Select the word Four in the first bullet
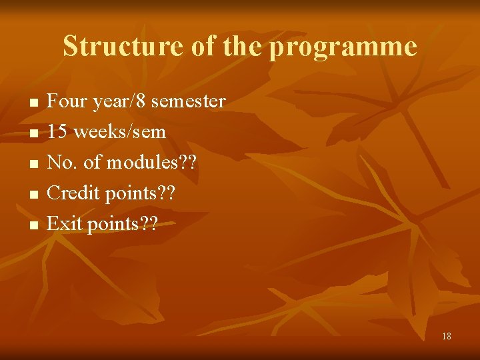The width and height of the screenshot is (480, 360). [x=65, y=101]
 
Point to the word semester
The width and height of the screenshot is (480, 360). [x=189, y=102]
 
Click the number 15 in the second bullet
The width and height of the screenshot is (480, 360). [x=57, y=132]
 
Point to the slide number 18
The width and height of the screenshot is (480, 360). [x=446, y=336]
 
